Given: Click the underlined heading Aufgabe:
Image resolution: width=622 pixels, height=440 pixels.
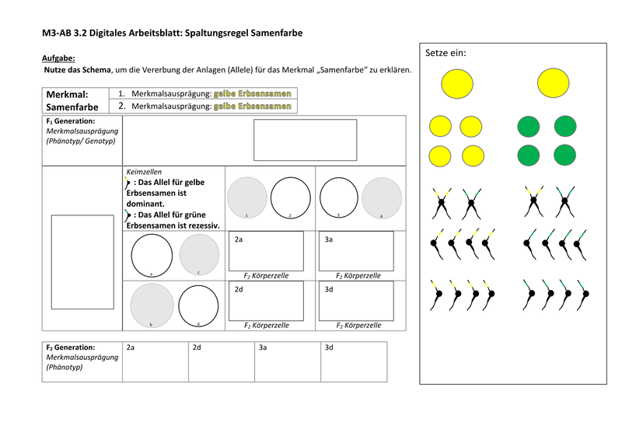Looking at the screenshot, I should coord(58,58).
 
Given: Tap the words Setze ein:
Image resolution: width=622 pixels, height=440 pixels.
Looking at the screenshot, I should coord(446,53).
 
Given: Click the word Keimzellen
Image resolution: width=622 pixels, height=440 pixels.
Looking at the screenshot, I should coord(143,172).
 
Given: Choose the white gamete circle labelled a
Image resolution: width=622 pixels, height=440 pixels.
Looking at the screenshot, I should coord(152,255).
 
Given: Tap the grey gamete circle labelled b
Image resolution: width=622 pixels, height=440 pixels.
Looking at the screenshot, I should coord(152,305).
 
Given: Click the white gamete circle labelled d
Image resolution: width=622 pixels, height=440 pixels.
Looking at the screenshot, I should coord(198,305).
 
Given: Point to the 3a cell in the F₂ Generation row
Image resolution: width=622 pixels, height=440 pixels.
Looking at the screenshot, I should coord(287,361).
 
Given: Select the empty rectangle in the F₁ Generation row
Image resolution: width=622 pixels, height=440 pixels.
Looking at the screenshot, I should coord(305,140).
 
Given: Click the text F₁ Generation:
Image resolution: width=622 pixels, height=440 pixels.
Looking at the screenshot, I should coord(71,121).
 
